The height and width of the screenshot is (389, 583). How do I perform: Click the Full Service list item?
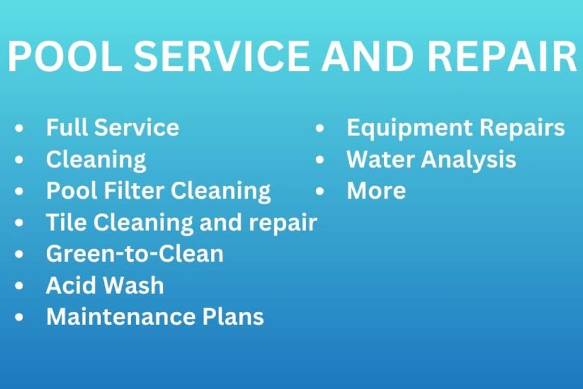click(x=112, y=128)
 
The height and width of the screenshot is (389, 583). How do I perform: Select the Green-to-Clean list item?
click(x=135, y=254)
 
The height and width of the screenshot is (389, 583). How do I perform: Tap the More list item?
click(x=376, y=191)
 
